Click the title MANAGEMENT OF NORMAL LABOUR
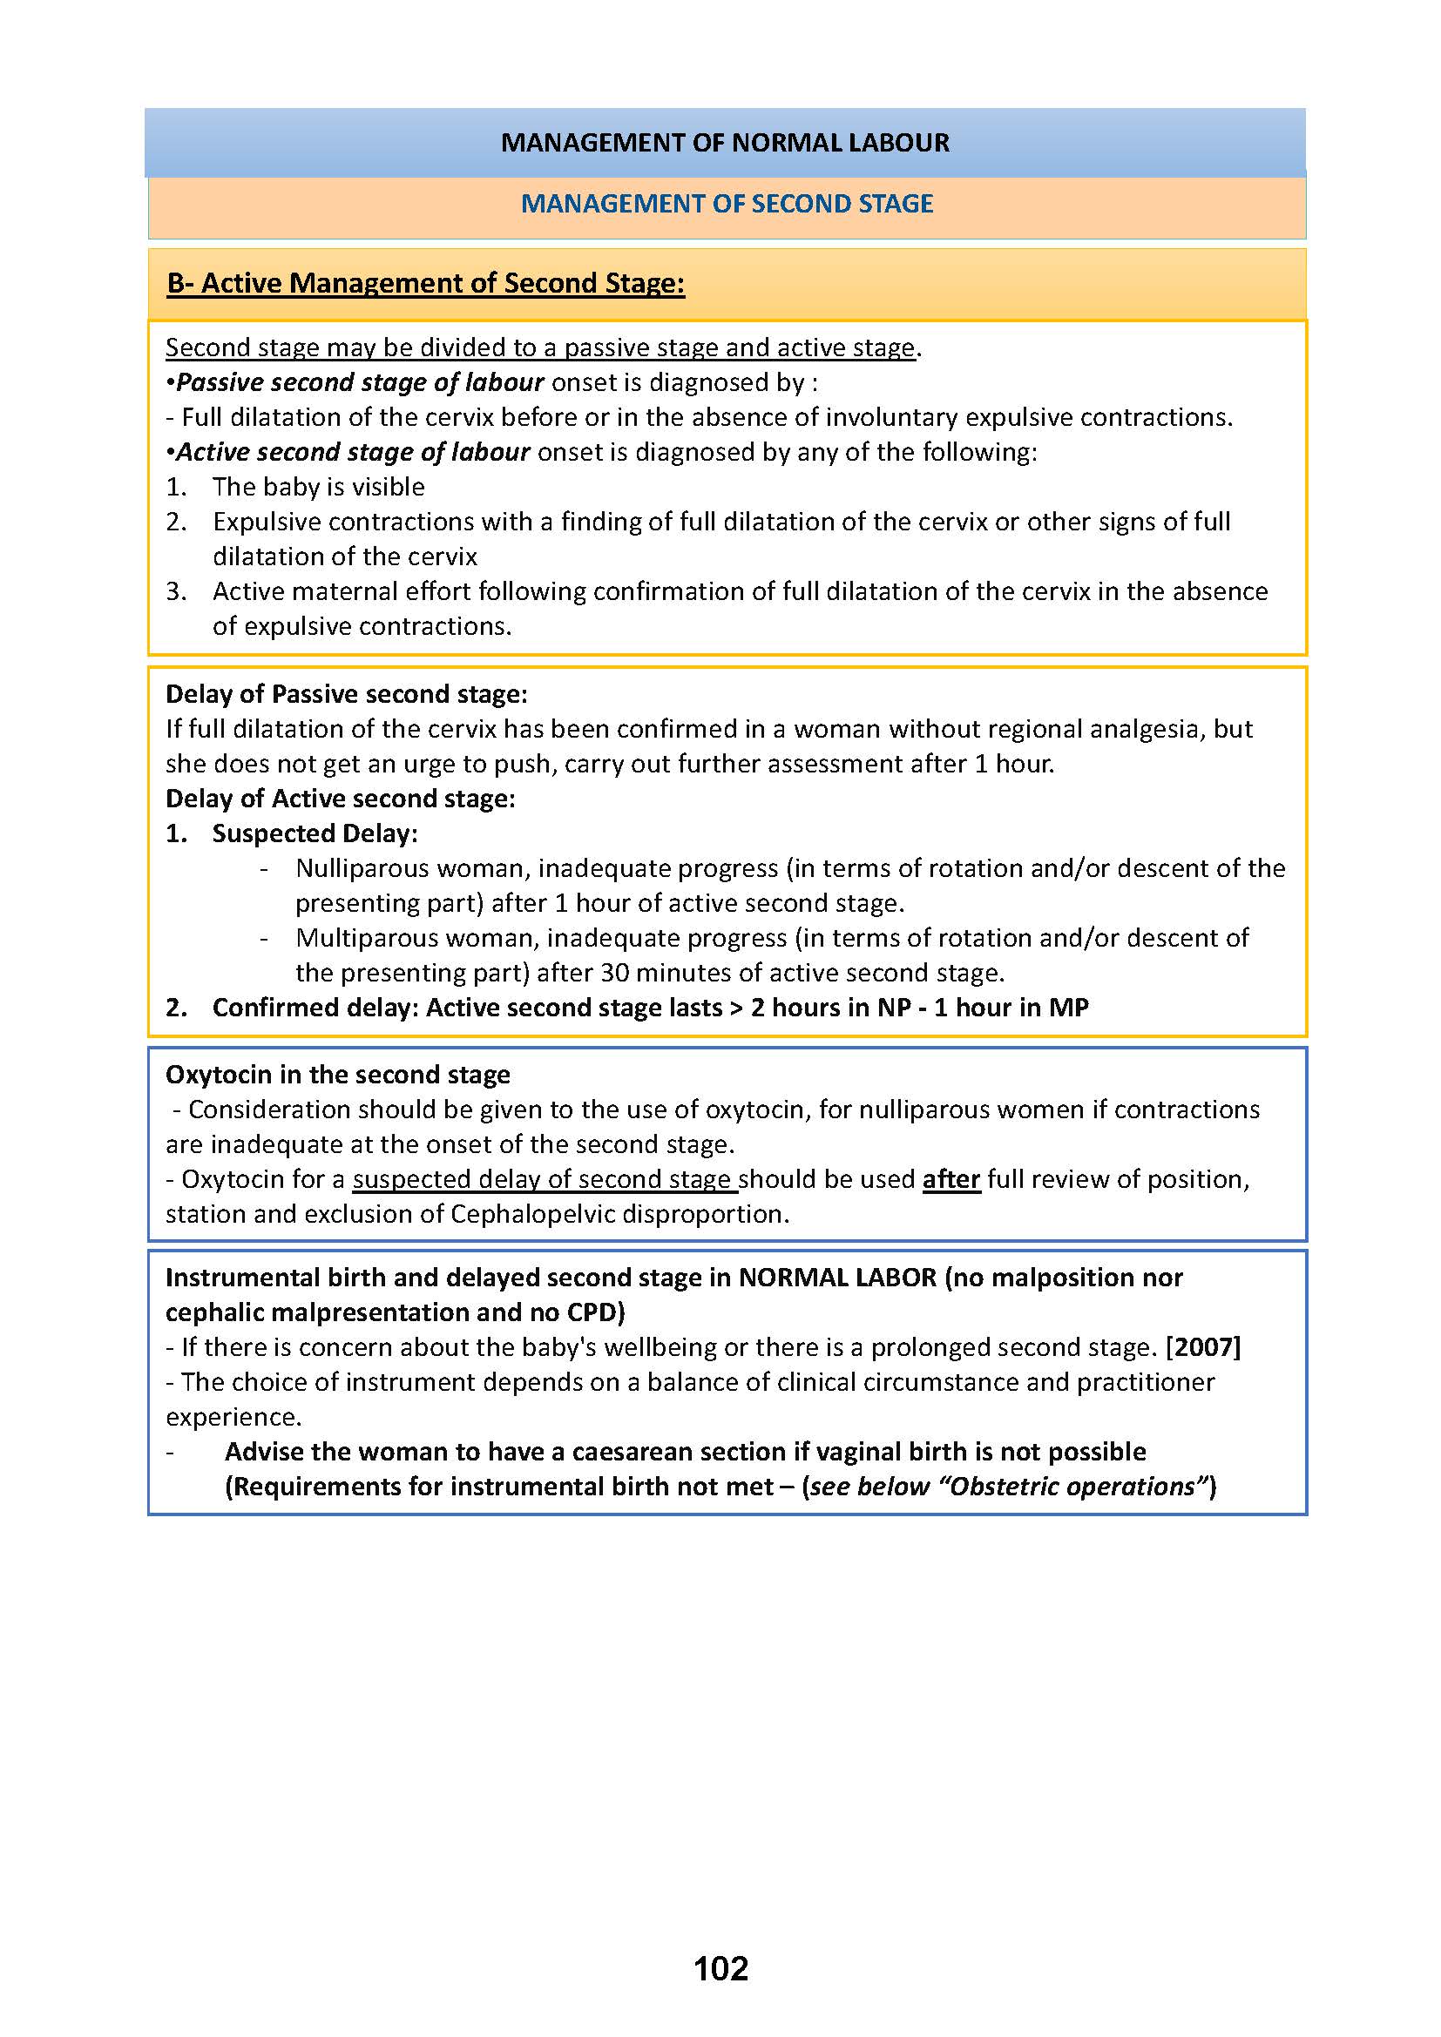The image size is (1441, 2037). click(x=725, y=143)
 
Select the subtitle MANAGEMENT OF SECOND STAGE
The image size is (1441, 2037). click(x=727, y=204)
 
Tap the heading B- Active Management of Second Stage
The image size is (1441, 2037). click(x=426, y=283)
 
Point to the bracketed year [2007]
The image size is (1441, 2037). click(x=1202, y=1346)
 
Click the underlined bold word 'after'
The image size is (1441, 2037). click(x=951, y=1179)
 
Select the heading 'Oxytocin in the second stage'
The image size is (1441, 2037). click(x=338, y=1075)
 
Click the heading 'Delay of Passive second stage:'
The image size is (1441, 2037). click(x=347, y=694)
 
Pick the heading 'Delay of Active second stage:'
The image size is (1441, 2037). click(x=341, y=799)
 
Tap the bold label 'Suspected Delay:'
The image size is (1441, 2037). click(x=315, y=833)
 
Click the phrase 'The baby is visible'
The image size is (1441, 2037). click(x=319, y=487)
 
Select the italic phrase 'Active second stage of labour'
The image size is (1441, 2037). click(x=353, y=453)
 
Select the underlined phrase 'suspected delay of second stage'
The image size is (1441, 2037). click(x=545, y=1179)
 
